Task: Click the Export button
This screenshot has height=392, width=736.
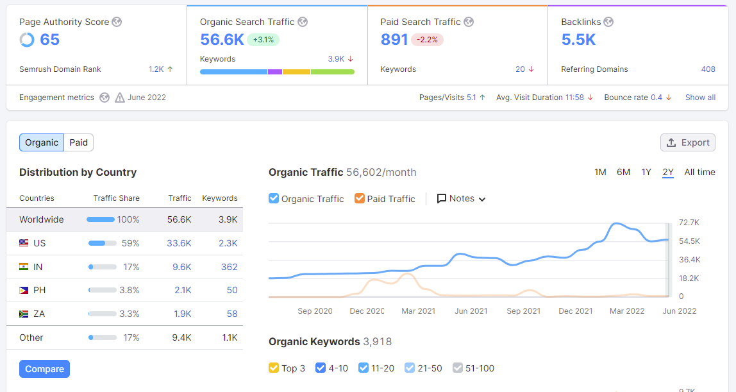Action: click(x=688, y=142)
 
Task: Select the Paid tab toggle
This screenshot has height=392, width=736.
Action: click(x=79, y=142)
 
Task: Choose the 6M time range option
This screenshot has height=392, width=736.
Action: click(x=623, y=172)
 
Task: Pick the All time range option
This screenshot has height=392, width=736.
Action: click(x=699, y=172)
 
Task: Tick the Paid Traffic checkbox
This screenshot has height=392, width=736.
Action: click(x=360, y=198)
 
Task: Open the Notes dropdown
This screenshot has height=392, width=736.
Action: click(x=462, y=198)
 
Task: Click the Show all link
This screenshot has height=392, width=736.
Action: click(x=700, y=98)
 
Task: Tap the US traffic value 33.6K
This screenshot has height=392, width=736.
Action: click(x=180, y=243)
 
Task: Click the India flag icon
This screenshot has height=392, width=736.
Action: click(x=24, y=267)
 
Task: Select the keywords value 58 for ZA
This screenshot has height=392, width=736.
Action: click(x=232, y=314)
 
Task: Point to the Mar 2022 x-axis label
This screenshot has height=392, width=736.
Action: click(x=627, y=311)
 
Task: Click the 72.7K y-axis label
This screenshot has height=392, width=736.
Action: click(x=689, y=223)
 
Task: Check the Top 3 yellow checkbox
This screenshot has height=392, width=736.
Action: click(x=274, y=368)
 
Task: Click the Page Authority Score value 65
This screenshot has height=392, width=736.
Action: click(x=49, y=40)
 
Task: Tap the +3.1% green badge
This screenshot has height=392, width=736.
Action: click(x=263, y=40)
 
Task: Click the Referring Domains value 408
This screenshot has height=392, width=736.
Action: click(x=708, y=69)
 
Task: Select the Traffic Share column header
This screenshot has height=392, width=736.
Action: click(x=117, y=198)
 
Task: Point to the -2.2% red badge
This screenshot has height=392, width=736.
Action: click(x=428, y=40)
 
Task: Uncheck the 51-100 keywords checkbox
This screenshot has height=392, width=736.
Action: click(x=458, y=368)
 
